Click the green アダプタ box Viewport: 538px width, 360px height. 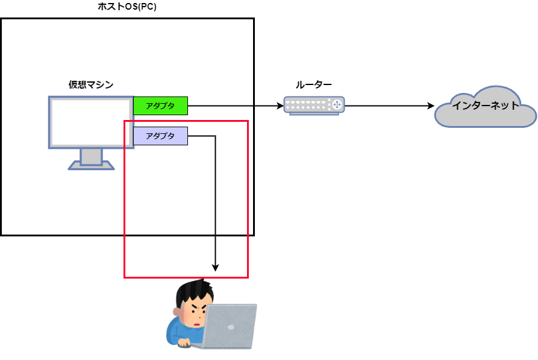point(161,106)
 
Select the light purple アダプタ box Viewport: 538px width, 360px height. point(161,136)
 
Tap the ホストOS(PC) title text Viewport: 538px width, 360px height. point(127,7)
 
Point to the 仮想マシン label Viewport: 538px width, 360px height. point(91,84)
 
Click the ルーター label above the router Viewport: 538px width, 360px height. point(314,84)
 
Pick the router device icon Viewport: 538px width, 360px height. point(314,106)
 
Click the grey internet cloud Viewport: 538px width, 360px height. point(486,107)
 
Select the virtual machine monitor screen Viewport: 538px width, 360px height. point(91,122)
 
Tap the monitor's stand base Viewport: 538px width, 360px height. point(91,166)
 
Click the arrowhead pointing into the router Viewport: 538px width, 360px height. point(280,106)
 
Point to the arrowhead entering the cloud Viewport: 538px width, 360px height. point(431,106)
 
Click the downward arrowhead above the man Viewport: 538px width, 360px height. point(216,268)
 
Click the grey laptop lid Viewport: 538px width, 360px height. point(230,326)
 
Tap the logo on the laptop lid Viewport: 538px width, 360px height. point(231,327)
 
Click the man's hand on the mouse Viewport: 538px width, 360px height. point(184,343)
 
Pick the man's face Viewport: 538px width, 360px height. point(195,314)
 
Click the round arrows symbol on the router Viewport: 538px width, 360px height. point(337,104)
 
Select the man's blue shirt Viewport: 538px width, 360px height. point(181,332)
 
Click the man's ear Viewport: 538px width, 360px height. point(177,312)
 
